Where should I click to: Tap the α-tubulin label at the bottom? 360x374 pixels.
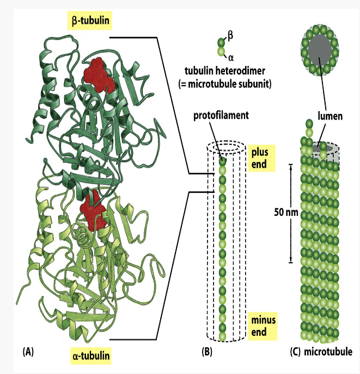(x=91, y=357)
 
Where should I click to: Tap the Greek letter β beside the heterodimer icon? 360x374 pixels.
(x=230, y=34)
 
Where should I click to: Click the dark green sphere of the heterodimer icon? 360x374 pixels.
(x=221, y=41)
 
